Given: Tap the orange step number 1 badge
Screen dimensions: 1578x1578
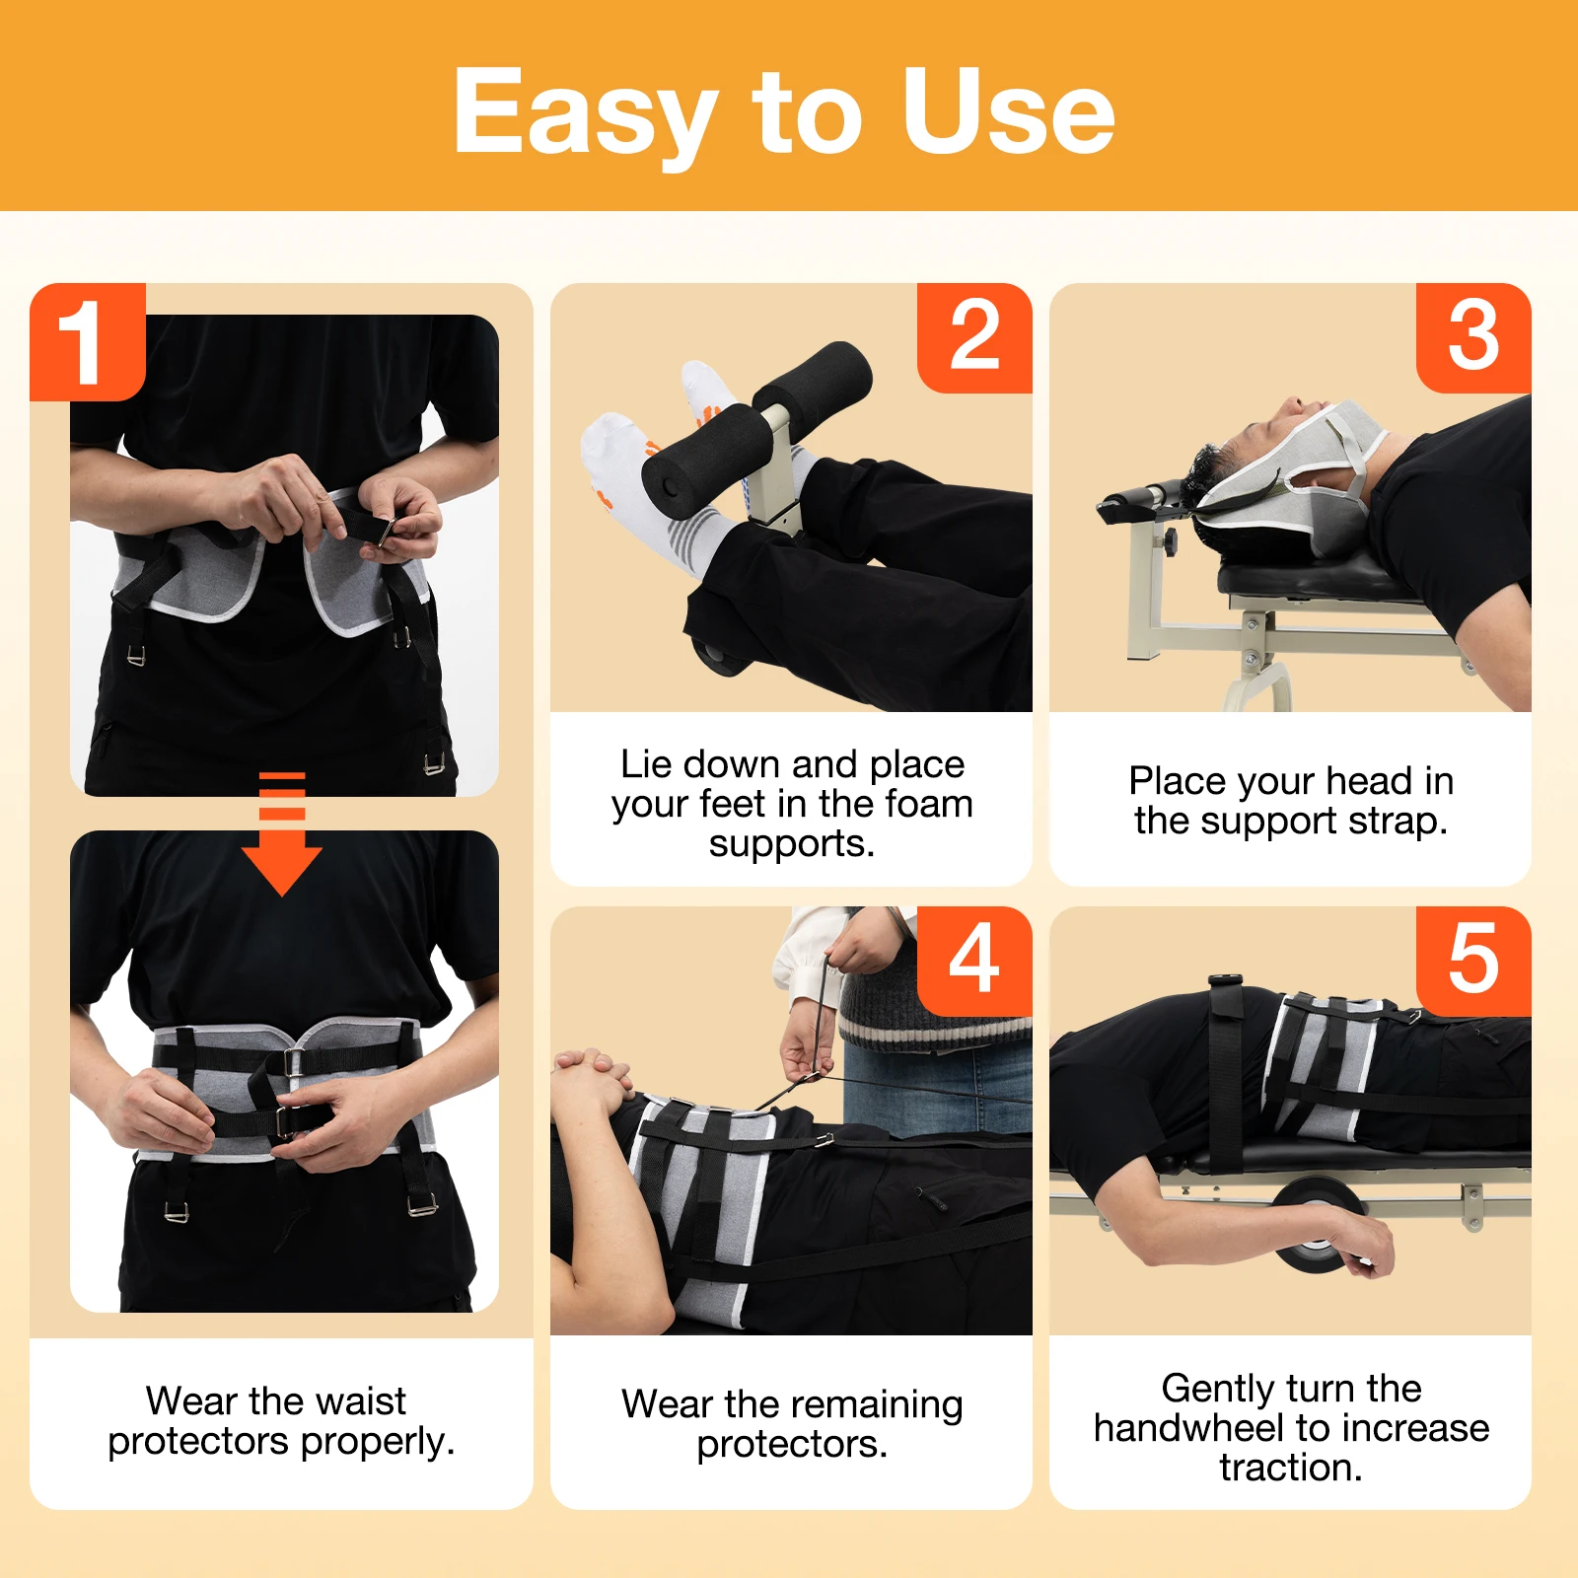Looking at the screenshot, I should [x=87, y=342].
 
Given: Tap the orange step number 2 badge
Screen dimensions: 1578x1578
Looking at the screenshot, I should [x=974, y=337].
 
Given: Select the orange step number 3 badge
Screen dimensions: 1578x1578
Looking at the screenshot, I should [x=1473, y=337].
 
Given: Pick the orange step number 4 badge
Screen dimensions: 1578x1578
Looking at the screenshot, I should [x=974, y=960].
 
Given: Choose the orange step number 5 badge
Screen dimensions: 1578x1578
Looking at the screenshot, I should [x=1473, y=960].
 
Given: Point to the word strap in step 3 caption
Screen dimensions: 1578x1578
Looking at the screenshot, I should [x=1396, y=821].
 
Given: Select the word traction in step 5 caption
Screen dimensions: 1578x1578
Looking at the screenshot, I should [x=1289, y=1468].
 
